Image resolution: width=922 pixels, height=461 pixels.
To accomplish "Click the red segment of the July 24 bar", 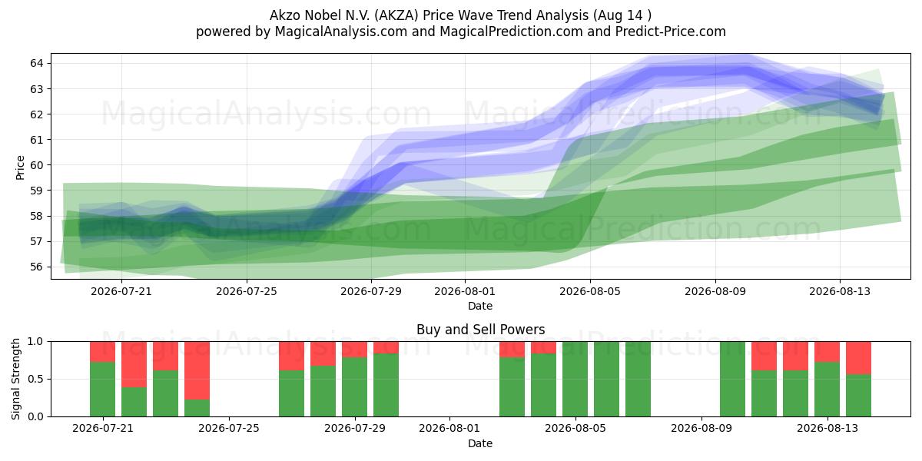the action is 197,370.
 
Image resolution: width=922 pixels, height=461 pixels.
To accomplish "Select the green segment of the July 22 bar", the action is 134,402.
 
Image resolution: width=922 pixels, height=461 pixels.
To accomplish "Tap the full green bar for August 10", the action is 732,379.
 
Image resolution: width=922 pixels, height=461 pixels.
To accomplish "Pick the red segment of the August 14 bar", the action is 858,358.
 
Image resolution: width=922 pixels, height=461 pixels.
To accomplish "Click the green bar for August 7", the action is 638,379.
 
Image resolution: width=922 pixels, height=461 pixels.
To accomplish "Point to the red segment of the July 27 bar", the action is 291,356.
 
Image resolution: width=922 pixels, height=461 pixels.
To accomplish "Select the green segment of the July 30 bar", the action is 386,385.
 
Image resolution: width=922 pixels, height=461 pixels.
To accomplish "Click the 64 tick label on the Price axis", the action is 36,63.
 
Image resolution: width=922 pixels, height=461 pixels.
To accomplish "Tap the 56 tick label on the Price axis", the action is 36,267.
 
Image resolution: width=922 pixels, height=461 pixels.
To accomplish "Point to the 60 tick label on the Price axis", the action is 36,165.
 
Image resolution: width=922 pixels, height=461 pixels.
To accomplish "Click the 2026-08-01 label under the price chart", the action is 465,291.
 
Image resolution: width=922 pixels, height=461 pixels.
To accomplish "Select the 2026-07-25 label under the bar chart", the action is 229,429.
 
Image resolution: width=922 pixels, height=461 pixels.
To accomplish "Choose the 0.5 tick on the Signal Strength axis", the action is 35,379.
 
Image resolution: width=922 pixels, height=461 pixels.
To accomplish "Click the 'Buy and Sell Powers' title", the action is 480,330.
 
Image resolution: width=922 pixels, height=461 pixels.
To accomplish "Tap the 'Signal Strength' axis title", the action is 15,379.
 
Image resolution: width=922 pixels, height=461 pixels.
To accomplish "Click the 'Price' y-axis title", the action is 20,167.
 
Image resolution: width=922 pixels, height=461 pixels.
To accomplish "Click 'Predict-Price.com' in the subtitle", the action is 671,32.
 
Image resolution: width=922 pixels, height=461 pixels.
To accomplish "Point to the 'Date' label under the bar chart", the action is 480,443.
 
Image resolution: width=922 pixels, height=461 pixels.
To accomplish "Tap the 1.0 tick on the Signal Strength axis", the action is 35,342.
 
